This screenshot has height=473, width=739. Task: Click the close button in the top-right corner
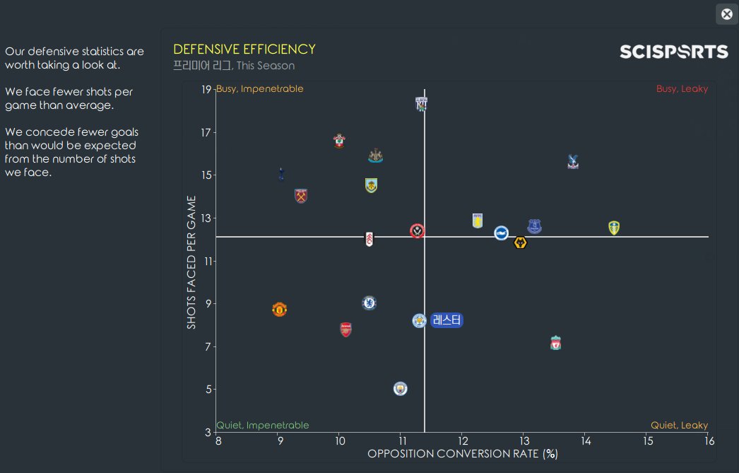(726, 14)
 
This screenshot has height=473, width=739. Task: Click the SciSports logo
(673, 52)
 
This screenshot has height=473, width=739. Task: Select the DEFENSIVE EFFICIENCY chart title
(244, 49)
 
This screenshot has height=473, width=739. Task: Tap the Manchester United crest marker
(279, 309)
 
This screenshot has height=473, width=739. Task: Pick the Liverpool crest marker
(556, 344)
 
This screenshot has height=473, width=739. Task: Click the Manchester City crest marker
(401, 388)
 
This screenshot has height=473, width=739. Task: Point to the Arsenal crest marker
(345, 329)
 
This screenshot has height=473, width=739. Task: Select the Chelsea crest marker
(369, 303)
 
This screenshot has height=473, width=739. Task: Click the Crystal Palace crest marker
(573, 162)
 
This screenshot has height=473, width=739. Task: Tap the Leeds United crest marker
(614, 228)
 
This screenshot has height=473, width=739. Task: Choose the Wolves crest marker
(521, 243)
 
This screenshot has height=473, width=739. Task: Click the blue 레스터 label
(447, 320)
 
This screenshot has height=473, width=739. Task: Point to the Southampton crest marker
(339, 141)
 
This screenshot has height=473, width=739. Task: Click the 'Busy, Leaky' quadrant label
(682, 89)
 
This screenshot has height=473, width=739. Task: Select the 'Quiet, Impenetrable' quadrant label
(263, 426)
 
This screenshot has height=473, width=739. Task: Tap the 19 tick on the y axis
(206, 90)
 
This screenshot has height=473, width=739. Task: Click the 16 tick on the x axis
(709, 441)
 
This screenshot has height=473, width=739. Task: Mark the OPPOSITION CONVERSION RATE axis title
(463, 453)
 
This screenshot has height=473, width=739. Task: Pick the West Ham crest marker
(301, 196)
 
